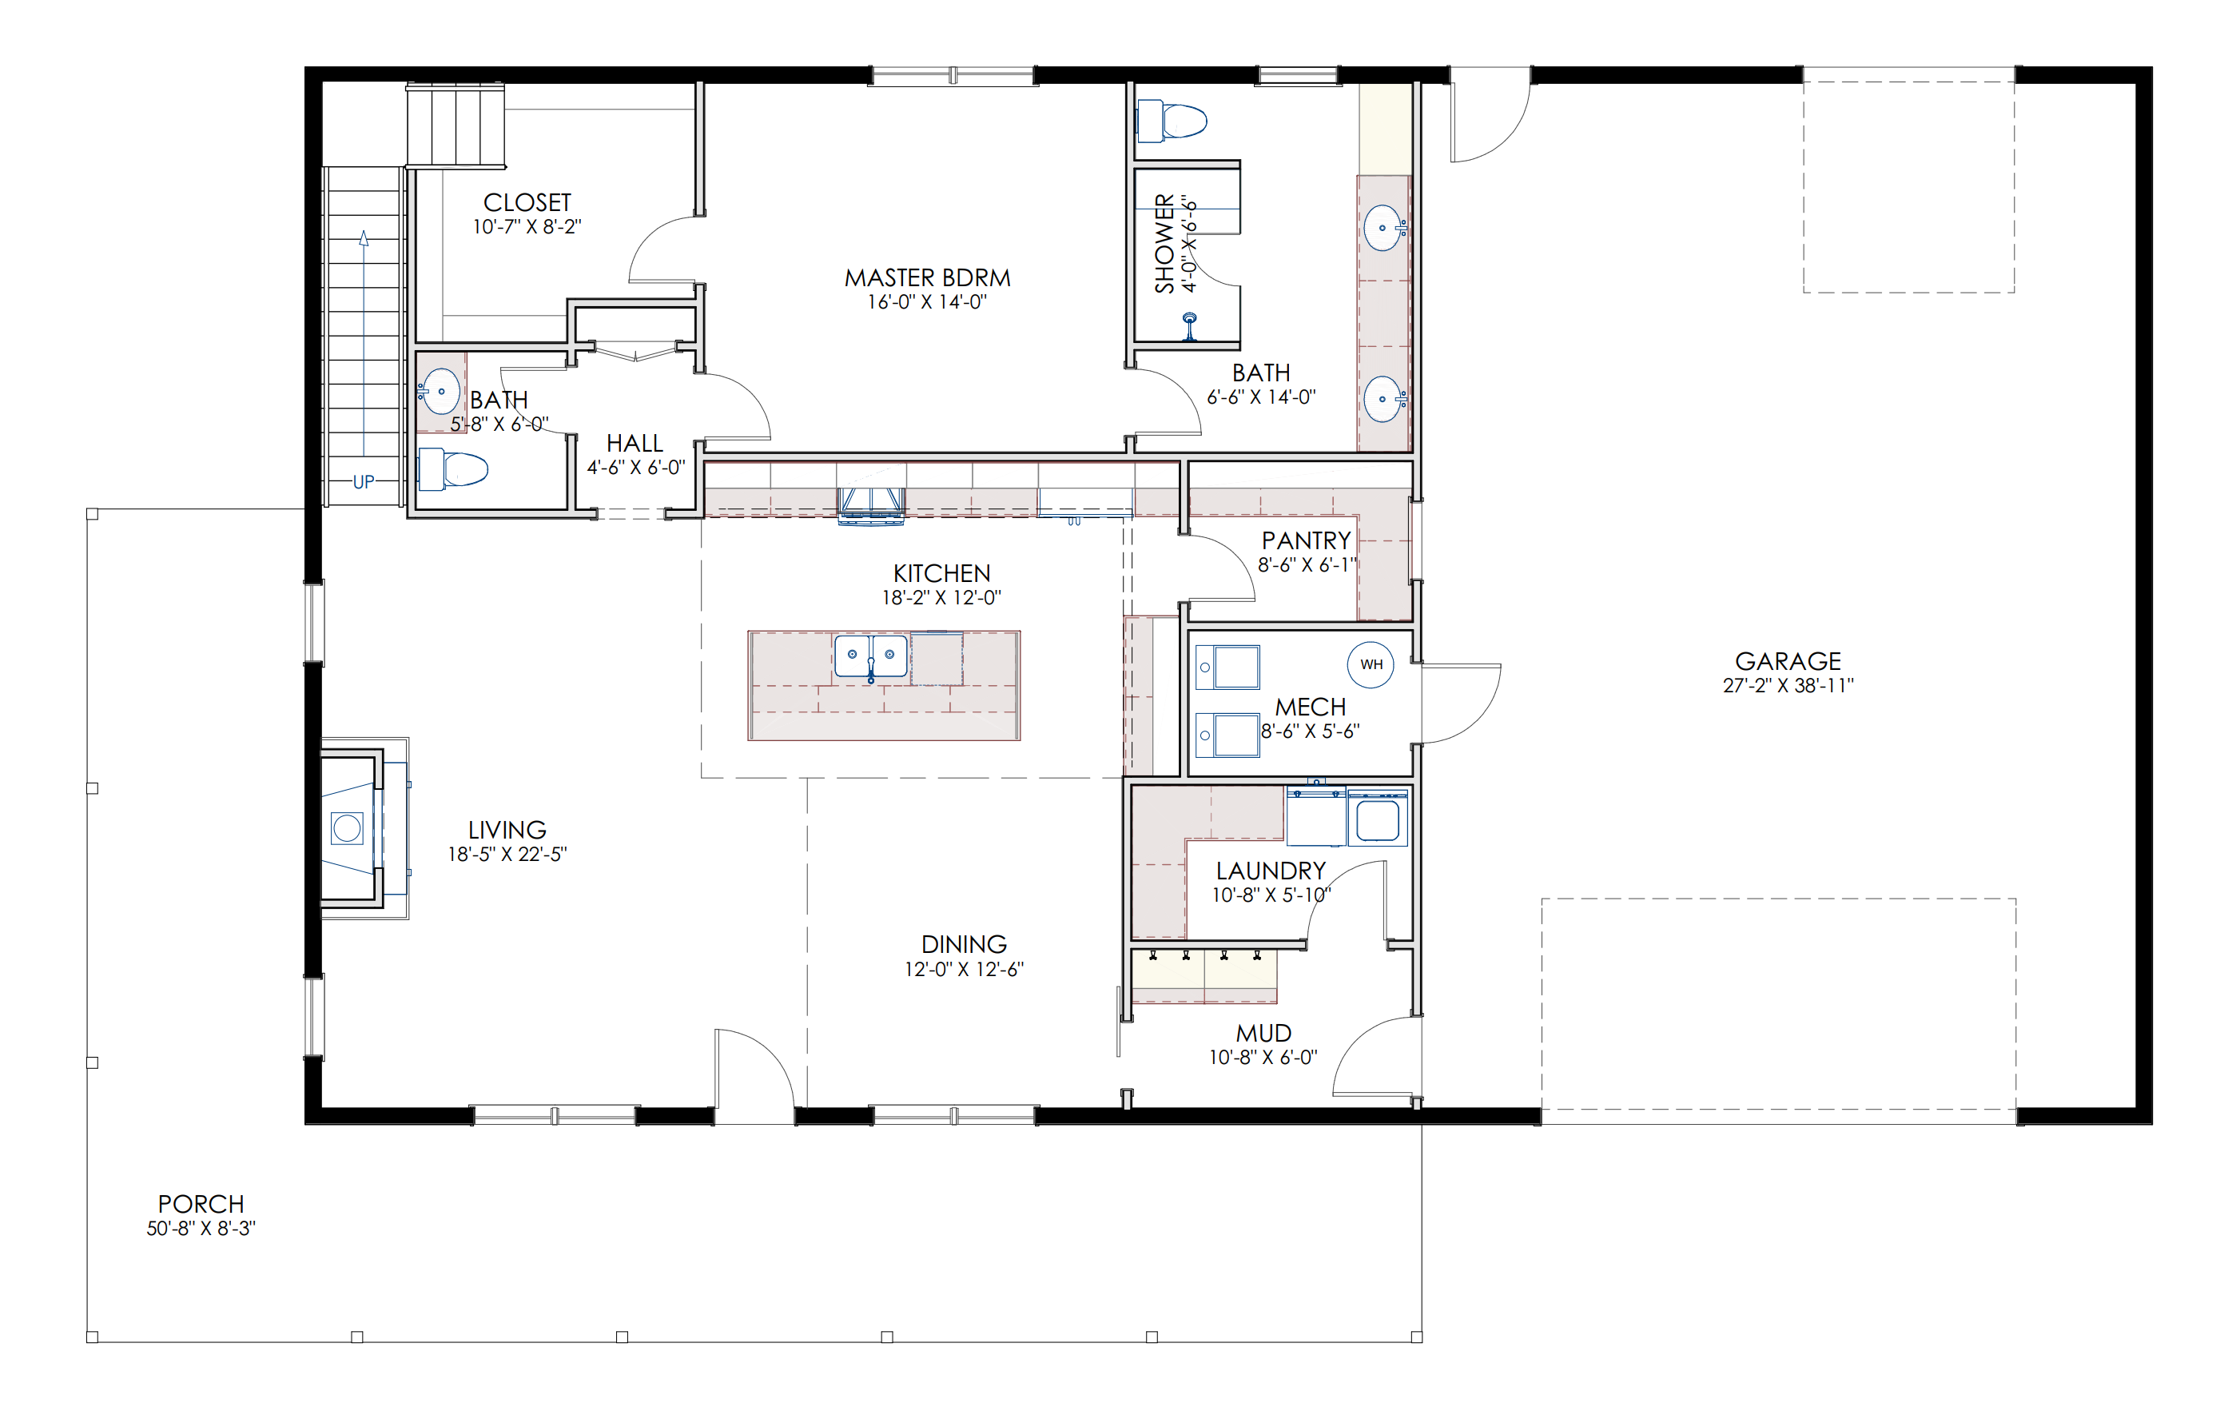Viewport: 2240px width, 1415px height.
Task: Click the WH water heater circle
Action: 1371,664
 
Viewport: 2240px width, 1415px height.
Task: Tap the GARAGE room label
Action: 1787,661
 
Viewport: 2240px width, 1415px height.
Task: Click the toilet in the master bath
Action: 1172,121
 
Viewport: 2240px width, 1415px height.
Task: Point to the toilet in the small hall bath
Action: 452,469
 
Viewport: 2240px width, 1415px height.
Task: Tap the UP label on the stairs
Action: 364,482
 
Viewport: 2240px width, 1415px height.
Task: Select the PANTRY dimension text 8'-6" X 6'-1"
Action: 1307,564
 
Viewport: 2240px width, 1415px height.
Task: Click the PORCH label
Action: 201,1204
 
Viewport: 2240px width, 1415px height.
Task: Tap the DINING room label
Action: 964,944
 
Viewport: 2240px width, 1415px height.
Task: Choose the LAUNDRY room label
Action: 1271,871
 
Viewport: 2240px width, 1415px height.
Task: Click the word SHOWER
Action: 1164,244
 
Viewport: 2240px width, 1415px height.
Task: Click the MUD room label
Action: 1263,1034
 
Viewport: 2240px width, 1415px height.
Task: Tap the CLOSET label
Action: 527,203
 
